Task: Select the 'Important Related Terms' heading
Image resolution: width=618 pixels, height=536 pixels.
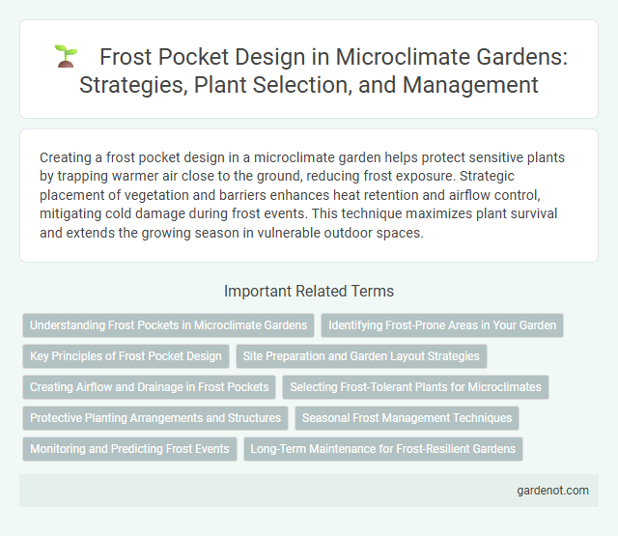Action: click(x=308, y=291)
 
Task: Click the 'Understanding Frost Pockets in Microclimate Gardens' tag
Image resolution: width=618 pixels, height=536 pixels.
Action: click(x=168, y=325)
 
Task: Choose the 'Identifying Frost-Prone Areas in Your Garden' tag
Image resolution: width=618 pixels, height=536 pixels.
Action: click(x=442, y=325)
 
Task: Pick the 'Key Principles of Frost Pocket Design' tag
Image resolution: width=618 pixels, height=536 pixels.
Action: click(x=126, y=356)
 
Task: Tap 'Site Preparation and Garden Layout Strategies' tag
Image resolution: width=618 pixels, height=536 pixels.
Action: click(x=361, y=356)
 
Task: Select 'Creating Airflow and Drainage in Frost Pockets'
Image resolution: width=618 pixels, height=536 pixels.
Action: click(x=150, y=387)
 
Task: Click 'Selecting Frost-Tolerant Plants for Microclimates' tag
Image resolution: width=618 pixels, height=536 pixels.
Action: click(x=416, y=387)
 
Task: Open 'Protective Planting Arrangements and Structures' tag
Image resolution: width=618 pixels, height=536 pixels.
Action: click(x=155, y=418)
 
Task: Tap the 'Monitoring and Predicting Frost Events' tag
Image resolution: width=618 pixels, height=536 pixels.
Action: click(x=129, y=449)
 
